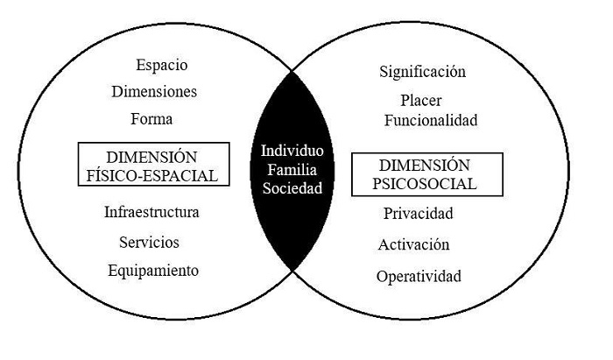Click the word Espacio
point(162,65)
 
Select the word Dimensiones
point(154,91)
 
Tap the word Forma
point(151,118)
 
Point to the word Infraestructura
point(151,213)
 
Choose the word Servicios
point(151,241)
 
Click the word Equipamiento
point(153,270)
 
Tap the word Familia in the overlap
point(292,168)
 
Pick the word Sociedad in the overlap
point(292,187)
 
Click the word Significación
point(423,72)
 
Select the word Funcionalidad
point(430,121)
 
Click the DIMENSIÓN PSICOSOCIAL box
point(427,174)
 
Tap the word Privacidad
point(418,213)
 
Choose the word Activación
point(414,244)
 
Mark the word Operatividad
point(419,277)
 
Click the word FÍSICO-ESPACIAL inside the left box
point(153,175)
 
